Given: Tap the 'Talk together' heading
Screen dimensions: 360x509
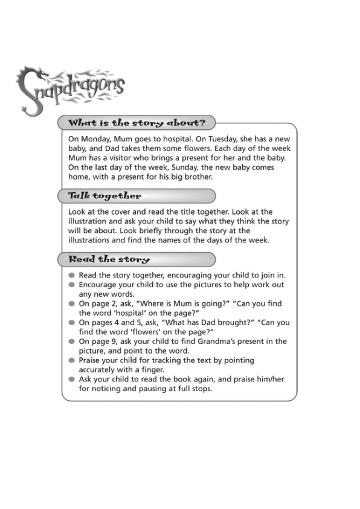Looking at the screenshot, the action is tap(104, 196).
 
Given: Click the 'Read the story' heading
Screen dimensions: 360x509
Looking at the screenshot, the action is tap(109, 259).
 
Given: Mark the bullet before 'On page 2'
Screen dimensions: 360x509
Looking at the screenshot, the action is tap(71, 304).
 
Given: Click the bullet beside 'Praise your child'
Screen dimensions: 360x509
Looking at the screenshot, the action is tap(71, 361).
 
